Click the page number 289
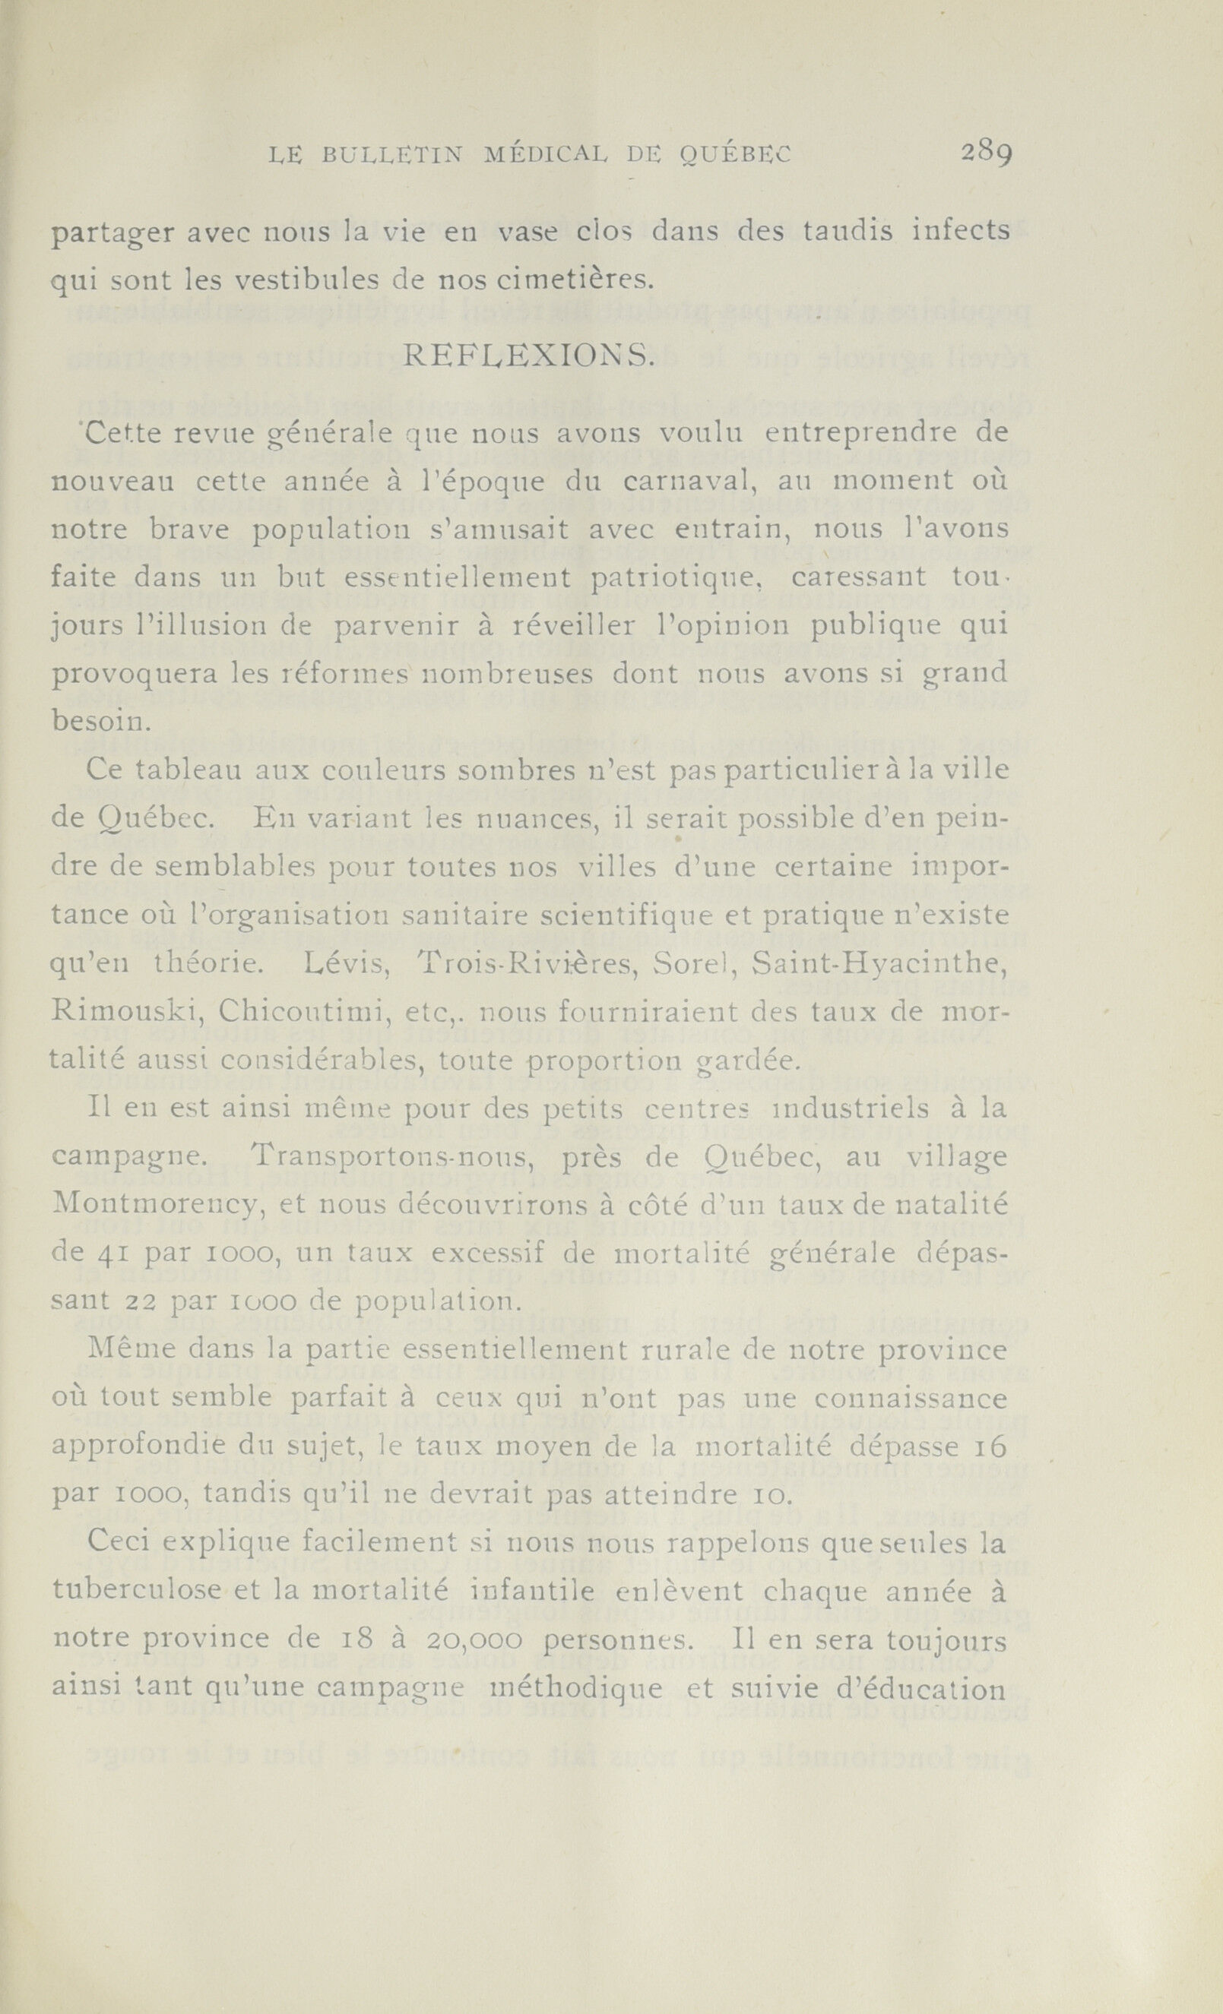[x=987, y=153]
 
